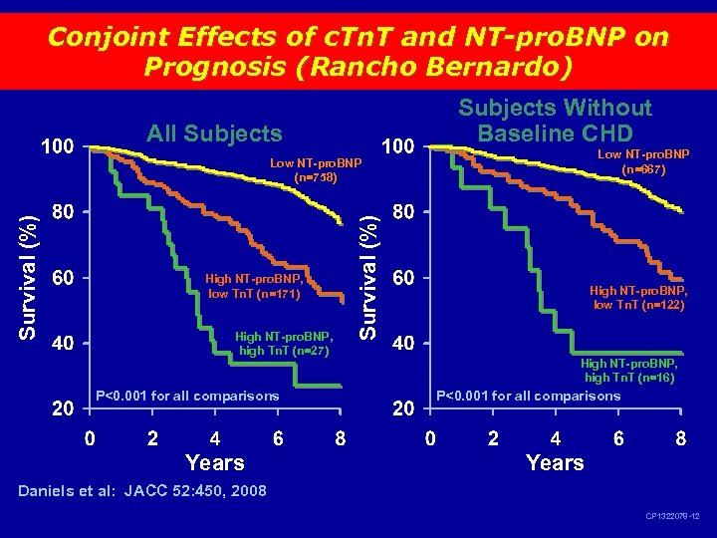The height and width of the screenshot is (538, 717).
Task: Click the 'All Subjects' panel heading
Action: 214,134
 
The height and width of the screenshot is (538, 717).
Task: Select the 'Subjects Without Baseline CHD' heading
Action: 555,120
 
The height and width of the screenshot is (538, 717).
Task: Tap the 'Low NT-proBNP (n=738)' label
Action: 316,170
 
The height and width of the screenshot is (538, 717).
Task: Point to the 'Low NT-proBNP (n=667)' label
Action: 642,162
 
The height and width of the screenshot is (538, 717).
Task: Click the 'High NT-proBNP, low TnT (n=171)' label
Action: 254,286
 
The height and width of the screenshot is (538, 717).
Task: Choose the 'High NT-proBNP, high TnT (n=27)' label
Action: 284,344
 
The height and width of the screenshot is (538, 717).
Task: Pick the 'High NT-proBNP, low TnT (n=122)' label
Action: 637,298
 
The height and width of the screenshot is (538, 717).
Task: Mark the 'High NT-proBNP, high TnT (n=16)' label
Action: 629,372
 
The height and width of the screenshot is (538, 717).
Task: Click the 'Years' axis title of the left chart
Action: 214,462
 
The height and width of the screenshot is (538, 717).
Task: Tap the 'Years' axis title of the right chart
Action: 555,462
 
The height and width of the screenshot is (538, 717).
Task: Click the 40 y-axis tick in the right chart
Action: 402,344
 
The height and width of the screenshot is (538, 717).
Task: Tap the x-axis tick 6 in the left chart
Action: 278,437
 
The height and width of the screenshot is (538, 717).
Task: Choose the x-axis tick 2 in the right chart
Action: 492,437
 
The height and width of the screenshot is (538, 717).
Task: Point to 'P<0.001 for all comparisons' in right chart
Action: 528,396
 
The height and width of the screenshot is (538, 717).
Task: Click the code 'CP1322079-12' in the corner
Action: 672,517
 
